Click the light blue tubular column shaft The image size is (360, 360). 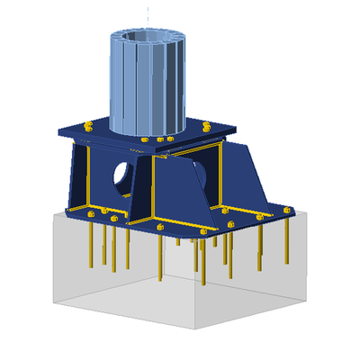tap(144, 90)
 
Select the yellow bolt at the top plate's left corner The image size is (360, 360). tap(87, 125)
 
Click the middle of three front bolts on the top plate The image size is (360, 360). tap(159, 140)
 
